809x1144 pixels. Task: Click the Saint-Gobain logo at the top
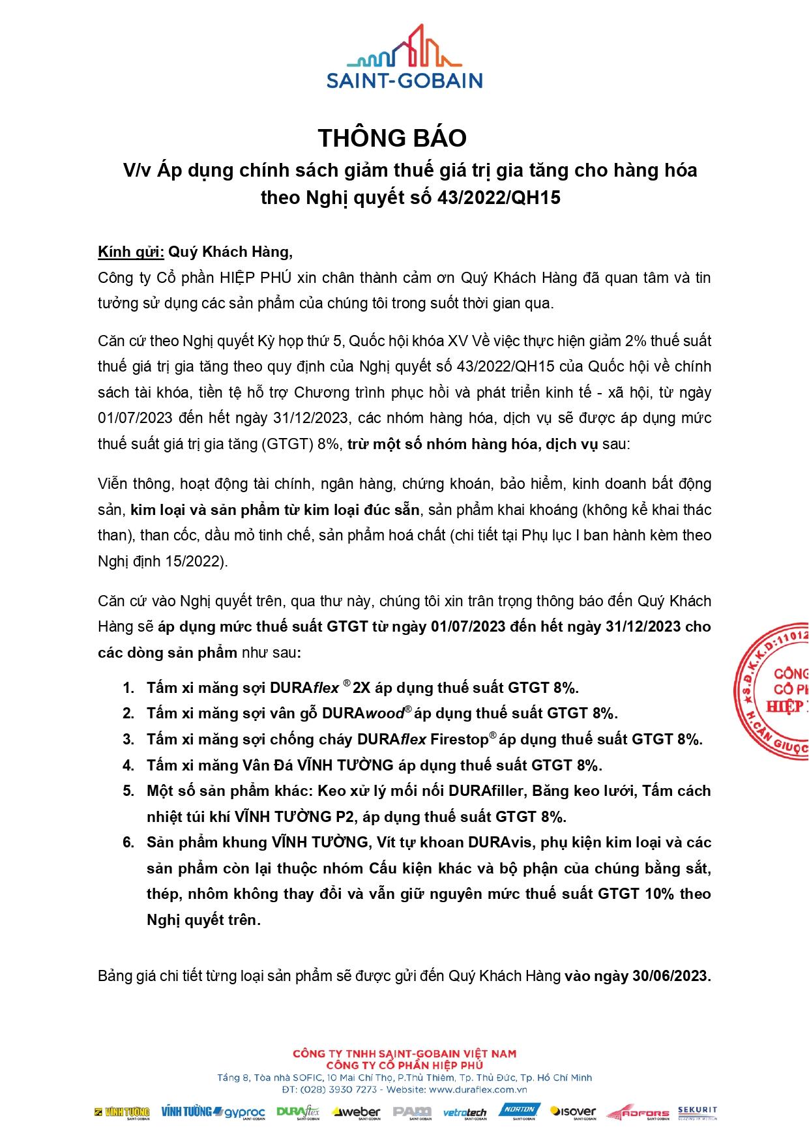pyautogui.click(x=404, y=57)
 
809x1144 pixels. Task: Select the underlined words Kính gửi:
pyautogui.click(x=130, y=252)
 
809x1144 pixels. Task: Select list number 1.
pyautogui.click(x=128, y=688)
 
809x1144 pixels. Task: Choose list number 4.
pyautogui.click(x=128, y=765)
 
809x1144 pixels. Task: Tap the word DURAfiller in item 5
pyautogui.click(x=486, y=791)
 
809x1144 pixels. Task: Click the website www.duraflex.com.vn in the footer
pyautogui.click(x=478, y=1089)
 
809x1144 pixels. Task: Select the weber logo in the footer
pyautogui.click(x=356, y=1112)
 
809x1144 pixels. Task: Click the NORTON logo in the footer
pyautogui.click(x=520, y=1111)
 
